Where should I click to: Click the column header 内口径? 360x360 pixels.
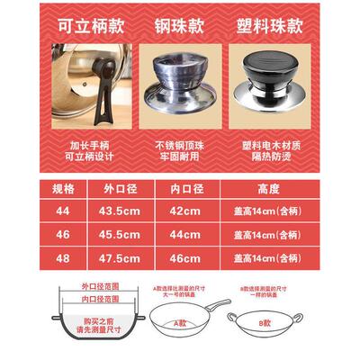(187, 190)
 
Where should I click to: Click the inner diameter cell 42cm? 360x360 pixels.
(187, 210)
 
